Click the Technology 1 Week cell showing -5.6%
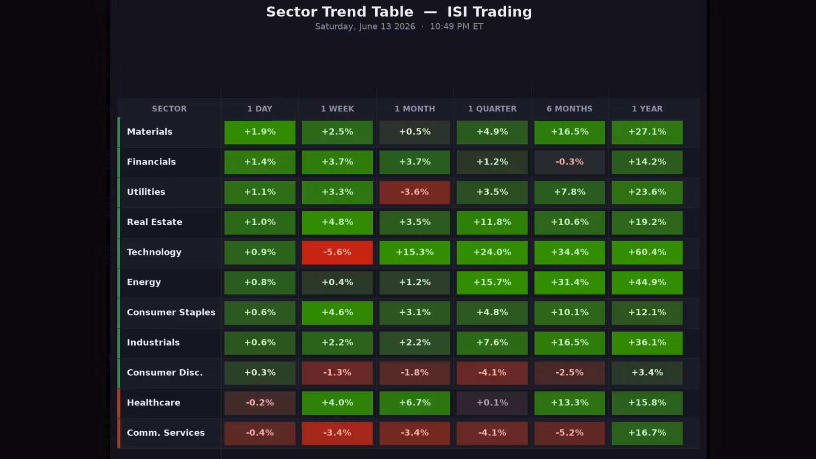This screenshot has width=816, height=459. pos(337,252)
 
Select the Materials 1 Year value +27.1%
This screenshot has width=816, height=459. pos(647,132)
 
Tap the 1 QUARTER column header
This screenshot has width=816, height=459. pos(492,109)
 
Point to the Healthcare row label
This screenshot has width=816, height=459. pos(153,402)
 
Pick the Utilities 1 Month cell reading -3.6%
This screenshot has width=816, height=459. pos(414,193)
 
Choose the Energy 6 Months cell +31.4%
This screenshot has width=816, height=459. pos(569,283)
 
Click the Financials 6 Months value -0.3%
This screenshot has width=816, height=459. pos(569,162)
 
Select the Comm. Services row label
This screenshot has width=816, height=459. pos(166,433)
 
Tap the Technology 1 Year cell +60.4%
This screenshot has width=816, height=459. pos(647,252)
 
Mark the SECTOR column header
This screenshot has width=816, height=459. pos(169,109)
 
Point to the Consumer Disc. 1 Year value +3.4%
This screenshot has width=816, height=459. pos(647,373)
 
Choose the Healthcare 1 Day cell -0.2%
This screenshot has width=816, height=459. pos(260,403)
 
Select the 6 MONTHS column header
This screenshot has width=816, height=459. pos(569,109)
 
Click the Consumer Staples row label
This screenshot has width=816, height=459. pos(171,312)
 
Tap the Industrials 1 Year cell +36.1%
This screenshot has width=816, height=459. pos(647,343)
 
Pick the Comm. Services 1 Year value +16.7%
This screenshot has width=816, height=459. pos(647,433)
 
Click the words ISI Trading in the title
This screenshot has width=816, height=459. pos(489,12)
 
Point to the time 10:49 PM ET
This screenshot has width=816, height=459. pos(456,26)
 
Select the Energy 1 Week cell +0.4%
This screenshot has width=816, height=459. pos(337,283)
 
